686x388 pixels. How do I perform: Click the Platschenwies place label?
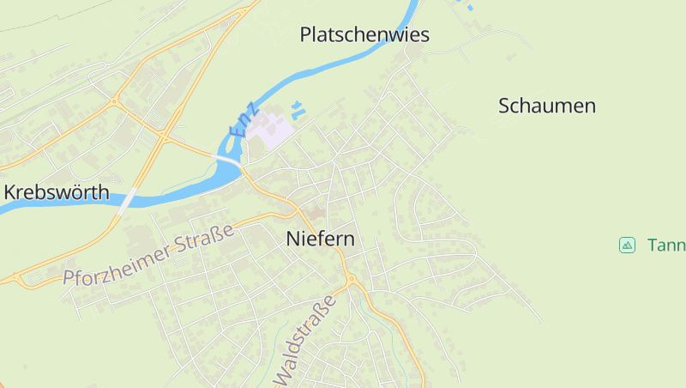pos(364,35)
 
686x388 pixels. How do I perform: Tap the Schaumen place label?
pos(547,106)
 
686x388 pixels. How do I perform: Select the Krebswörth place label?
pos(57,192)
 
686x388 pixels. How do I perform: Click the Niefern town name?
pos(320,239)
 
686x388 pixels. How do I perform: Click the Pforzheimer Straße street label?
pos(148,256)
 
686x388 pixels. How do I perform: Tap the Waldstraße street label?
pos(305,342)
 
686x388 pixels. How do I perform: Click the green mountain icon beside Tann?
pos(627,246)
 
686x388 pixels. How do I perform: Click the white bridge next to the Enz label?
pos(229,161)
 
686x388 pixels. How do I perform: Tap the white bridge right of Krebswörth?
pos(128,200)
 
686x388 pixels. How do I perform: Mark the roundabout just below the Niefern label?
pos(351,279)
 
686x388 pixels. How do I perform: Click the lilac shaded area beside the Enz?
pos(274,131)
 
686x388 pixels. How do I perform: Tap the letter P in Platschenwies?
pos(306,35)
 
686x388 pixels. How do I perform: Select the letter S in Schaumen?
pos(505,106)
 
